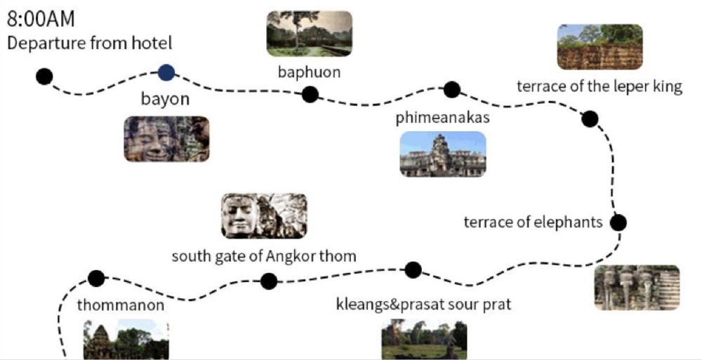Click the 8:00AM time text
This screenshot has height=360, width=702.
pyautogui.click(x=40, y=19)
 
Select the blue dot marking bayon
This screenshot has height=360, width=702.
pyautogui.click(x=166, y=72)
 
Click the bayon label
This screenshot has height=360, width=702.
pyautogui.click(x=166, y=99)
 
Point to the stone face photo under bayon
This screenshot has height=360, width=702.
pyautogui.click(x=166, y=139)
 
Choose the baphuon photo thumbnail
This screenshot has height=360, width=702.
pyautogui.click(x=309, y=34)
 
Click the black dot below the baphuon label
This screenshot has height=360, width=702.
pyautogui.click(x=310, y=94)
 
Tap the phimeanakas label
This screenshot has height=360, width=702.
pyautogui.click(x=442, y=118)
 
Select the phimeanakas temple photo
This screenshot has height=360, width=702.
pyautogui.click(x=442, y=154)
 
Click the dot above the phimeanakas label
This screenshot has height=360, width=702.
pyautogui.click(x=452, y=90)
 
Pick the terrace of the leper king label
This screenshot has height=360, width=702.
pyautogui.click(x=600, y=87)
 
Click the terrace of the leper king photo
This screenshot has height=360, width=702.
pyautogui.click(x=600, y=47)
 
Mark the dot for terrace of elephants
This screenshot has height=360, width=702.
pyautogui.click(x=618, y=223)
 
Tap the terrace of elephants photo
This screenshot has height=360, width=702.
pyautogui.click(x=637, y=287)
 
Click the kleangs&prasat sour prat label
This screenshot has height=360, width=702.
pyautogui.click(x=424, y=305)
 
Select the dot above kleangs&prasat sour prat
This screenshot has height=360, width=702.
pyautogui.click(x=413, y=269)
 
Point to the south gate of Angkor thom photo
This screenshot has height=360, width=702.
pyautogui.click(x=264, y=216)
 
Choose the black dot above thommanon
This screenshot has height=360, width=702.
pyautogui.click(x=96, y=279)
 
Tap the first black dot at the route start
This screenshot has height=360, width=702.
pyautogui.click(x=44, y=76)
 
